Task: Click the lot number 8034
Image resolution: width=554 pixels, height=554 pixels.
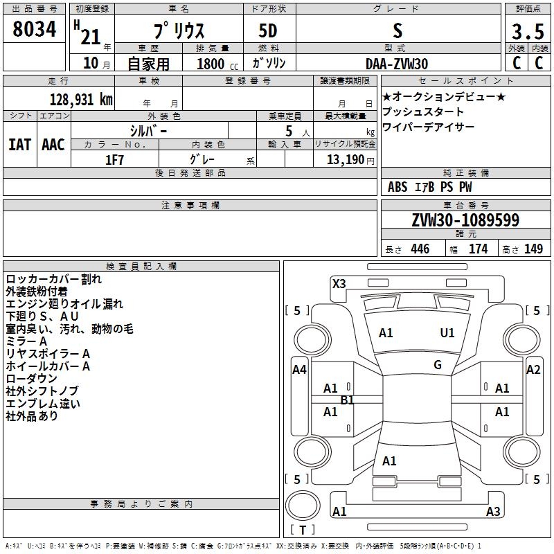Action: coord(35,30)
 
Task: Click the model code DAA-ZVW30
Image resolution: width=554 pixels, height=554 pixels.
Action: coord(397,63)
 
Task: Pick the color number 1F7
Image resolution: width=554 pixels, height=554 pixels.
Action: coord(114,160)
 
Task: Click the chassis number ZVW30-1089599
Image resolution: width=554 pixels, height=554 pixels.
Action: coord(465,220)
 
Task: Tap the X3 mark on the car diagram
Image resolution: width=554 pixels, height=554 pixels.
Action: coord(339,283)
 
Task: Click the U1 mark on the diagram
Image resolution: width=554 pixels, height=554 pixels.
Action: coord(447,333)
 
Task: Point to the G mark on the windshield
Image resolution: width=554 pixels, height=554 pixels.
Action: coord(438,365)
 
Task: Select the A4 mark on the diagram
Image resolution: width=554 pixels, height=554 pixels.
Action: coord(299,370)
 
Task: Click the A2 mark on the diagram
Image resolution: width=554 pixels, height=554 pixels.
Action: coord(533,370)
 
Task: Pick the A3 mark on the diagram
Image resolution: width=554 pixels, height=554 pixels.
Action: coord(493,512)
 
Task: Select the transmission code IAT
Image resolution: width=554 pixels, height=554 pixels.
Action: coord(19,144)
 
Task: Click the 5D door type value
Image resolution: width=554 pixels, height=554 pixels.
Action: coord(269,32)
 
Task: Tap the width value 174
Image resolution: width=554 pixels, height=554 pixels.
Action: coord(478,249)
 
